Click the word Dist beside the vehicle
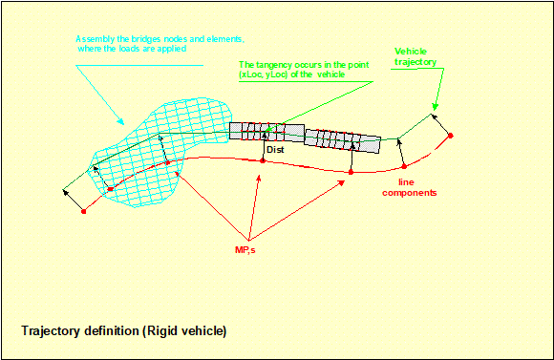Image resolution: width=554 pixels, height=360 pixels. tap(275, 149)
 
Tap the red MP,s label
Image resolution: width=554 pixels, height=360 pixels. tap(245, 250)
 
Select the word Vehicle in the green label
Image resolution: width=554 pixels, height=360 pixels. tap(411, 52)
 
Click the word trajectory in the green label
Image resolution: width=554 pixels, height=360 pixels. tap(415, 62)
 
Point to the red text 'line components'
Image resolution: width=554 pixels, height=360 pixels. tap(410, 187)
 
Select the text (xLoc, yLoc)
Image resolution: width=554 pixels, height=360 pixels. tap(264, 74)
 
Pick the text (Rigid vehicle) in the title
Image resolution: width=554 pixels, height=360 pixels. tap(184, 331)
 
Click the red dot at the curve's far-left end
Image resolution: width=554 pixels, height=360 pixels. tap(84, 212)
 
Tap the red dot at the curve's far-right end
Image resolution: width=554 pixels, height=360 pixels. tap(451, 136)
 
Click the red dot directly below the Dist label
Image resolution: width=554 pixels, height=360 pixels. tap(263, 160)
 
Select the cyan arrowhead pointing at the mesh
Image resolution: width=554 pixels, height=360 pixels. tap(121, 121)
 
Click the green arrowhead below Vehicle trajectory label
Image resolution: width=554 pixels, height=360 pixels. tap(436, 106)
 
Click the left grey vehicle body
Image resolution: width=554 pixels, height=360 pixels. tap(266, 132)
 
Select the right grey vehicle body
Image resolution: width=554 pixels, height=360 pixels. tap(342, 141)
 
